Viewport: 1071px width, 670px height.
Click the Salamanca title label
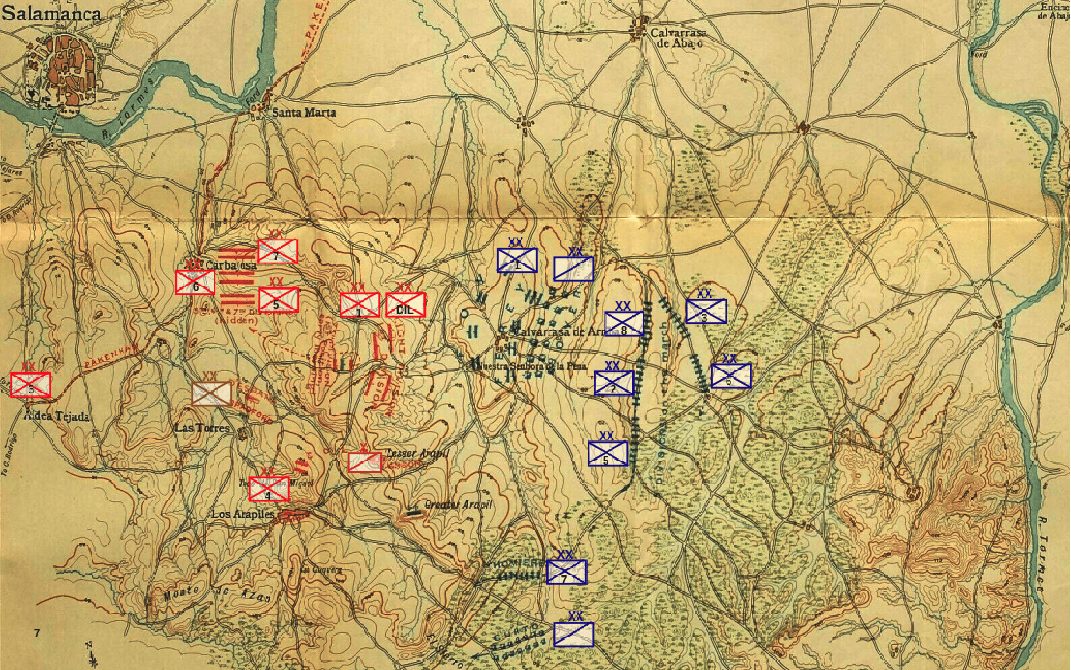[51, 14]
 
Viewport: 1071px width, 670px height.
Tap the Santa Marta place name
[304, 113]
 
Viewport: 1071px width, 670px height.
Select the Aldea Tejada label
[57, 416]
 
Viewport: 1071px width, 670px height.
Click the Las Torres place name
[202, 428]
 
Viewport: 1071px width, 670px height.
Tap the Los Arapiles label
[243, 514]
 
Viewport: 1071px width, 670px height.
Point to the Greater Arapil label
[458, 505]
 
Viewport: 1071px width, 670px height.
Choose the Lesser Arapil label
[417, 453]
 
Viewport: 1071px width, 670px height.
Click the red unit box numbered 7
[277, 251]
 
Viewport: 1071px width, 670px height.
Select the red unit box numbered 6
[195, 282]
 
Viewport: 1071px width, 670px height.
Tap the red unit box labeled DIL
[405, 305]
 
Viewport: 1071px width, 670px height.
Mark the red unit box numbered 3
[30, 385]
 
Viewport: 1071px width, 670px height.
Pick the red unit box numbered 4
[269, 489]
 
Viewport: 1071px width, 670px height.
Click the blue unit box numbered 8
[624, 323]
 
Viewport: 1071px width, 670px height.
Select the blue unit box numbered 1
[517, 260]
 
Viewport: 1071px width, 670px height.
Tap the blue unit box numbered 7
[566, 572]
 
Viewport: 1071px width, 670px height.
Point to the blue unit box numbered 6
[731, 376]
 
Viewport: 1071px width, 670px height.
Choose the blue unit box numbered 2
[614, 383]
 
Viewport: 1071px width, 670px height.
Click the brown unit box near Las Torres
[211, 393]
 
